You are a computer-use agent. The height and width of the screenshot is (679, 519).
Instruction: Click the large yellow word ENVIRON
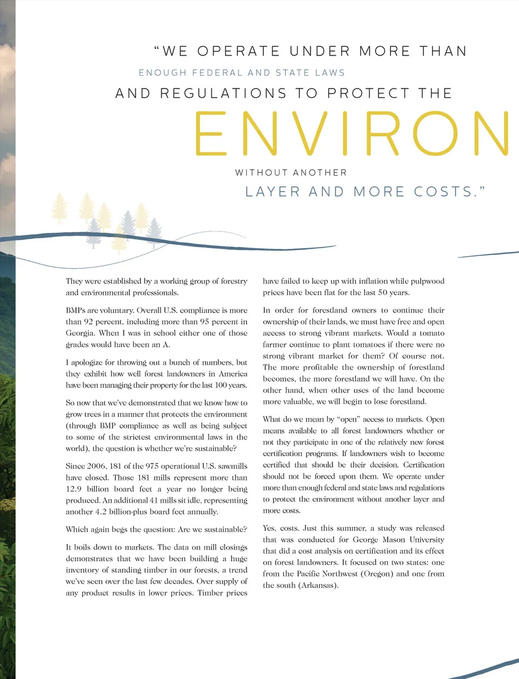click(351, 134)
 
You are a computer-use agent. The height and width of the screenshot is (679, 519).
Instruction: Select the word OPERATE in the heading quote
click(238, 51)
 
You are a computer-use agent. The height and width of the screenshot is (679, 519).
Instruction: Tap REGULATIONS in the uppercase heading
click(223, 94)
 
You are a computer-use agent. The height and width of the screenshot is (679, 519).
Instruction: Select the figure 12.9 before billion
click(74, 489)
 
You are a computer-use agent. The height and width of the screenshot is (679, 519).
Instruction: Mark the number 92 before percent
click(89, 322)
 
